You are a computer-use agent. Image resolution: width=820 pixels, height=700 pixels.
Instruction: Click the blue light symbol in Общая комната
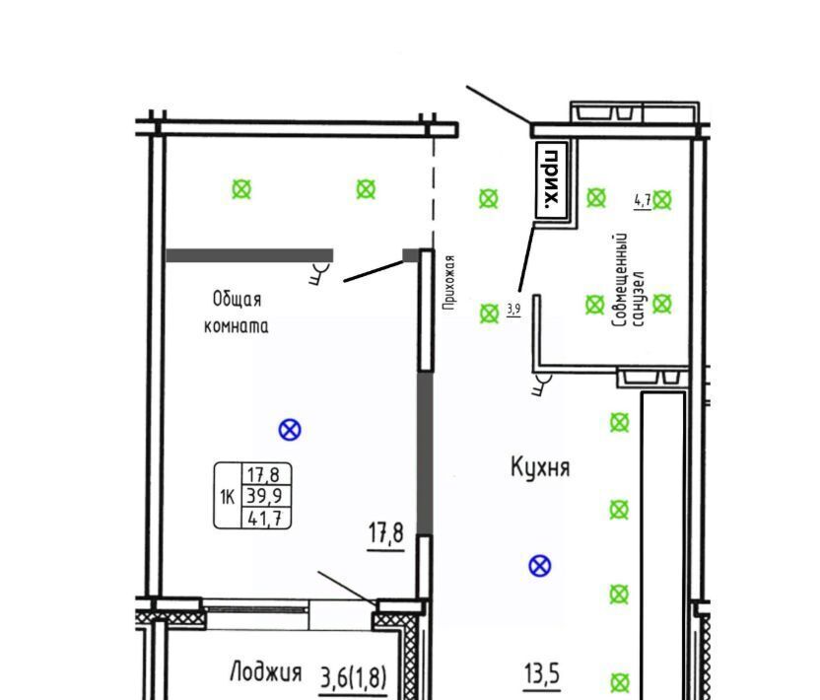coord(290,430)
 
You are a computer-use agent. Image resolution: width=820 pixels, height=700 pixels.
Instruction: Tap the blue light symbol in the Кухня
coord(540,566)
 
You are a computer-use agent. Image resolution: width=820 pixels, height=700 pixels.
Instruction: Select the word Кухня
coord(540,466)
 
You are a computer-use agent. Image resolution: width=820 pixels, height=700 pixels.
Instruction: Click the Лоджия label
coord(266,671)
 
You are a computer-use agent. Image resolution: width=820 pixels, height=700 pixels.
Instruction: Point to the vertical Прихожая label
coord(448,283)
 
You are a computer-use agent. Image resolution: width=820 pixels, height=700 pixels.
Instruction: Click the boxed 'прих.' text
coord(552,179)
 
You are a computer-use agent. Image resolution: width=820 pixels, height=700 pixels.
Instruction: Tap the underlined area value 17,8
coord(386,533)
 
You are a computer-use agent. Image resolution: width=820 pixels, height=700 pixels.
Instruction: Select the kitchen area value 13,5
coord(542,673)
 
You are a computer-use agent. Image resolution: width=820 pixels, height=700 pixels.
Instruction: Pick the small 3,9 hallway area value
coord(513,310)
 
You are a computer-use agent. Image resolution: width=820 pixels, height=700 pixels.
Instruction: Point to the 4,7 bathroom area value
coord(643,200)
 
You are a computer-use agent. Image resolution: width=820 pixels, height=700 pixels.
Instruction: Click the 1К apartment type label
coord(228,497)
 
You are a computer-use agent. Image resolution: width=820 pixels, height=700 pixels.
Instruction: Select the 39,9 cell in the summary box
coord(264,495)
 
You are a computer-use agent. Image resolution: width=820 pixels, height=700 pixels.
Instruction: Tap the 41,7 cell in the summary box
coord(266,518)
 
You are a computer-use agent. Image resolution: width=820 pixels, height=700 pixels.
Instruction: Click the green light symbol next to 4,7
coord(662,200)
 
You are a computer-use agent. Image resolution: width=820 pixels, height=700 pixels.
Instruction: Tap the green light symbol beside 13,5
coord(620,682)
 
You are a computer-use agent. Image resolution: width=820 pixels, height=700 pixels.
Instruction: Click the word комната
coord(236,326)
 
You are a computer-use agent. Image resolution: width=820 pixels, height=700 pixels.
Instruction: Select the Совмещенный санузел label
coord(627,280)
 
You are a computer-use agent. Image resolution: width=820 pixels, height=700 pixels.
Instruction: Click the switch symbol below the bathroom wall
coord(541,384)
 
